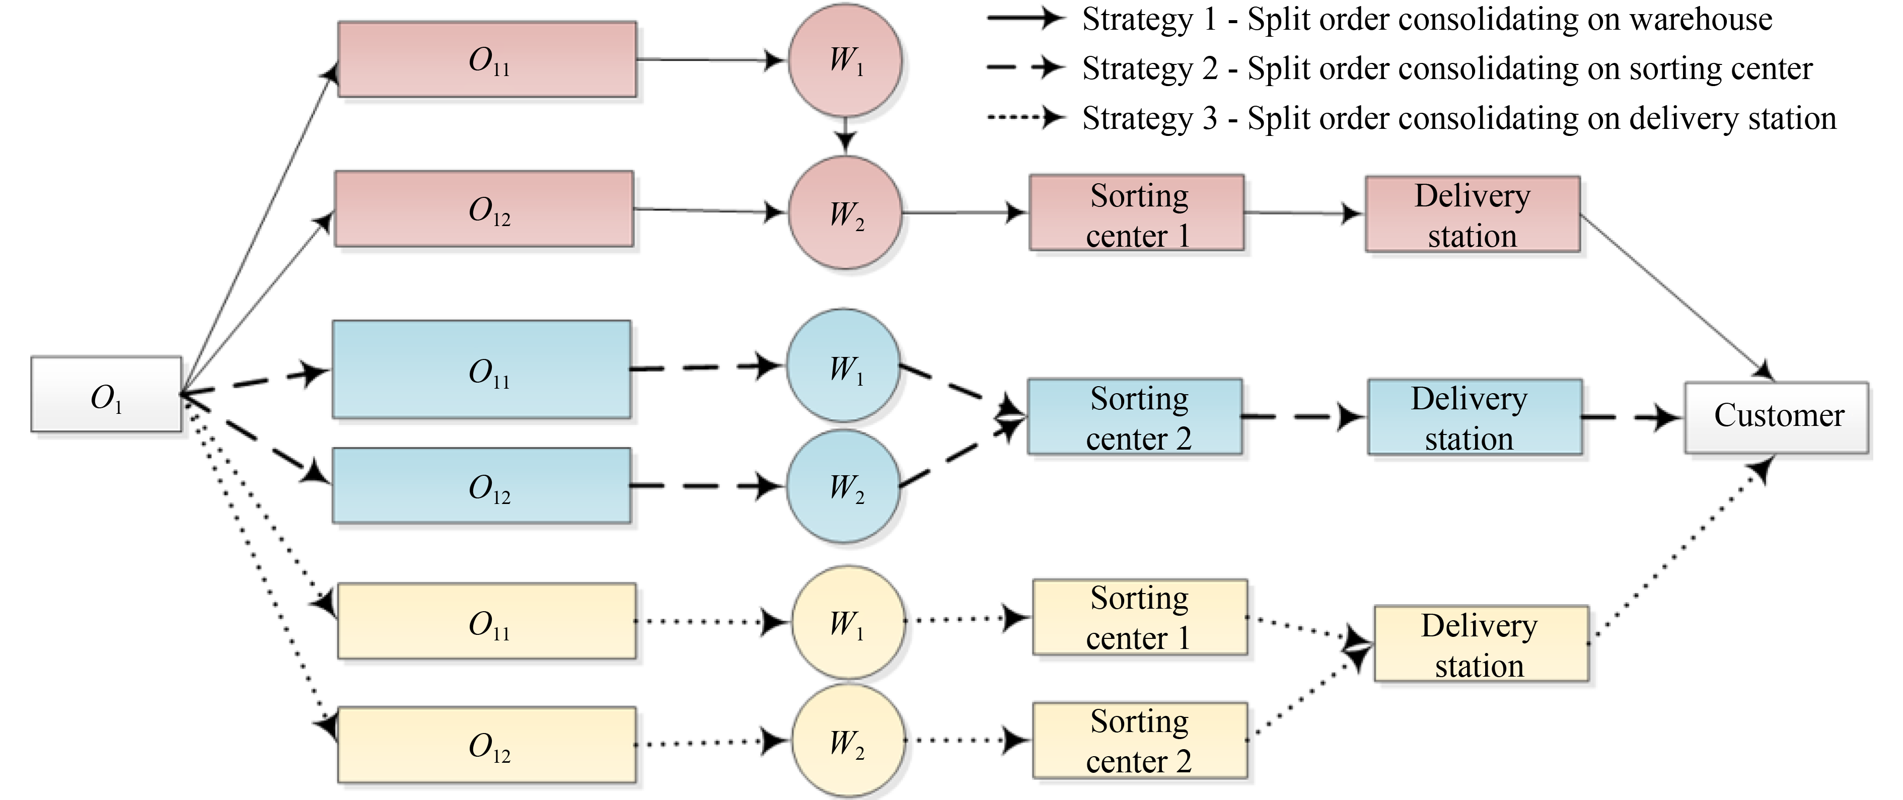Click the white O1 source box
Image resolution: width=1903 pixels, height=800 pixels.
[106, 394]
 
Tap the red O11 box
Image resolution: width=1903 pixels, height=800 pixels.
[487, 59]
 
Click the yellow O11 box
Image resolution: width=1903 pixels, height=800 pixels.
[487, 621]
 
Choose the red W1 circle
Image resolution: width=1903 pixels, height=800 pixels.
[845, 60]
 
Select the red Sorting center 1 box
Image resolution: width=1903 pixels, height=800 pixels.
[1137, 213]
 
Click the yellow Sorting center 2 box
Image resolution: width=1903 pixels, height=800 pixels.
[1140, 740]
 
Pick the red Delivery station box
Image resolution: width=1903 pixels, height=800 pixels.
[1473, 214]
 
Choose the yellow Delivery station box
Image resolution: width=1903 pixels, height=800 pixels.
[1481, 643]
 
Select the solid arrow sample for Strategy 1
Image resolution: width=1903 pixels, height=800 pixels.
[1026, 19]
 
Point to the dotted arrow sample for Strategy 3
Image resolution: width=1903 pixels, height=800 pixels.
[1026, 117]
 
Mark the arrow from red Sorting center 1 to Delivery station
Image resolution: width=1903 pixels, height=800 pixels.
[1304, 213]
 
